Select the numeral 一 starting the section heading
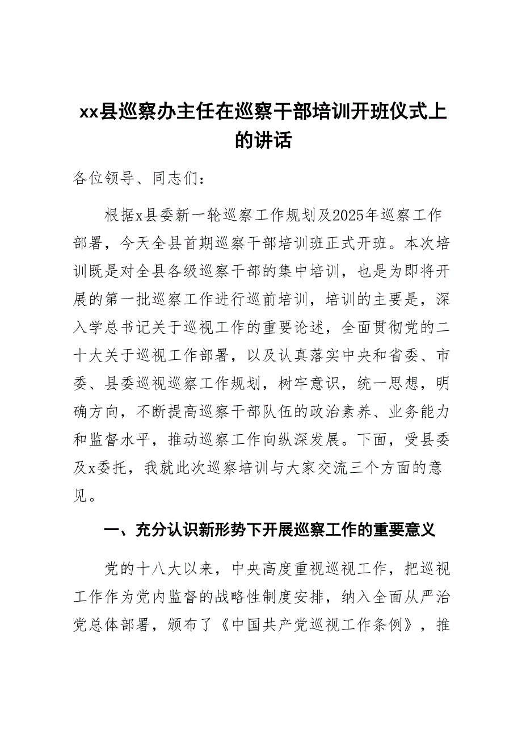pos(112,531)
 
